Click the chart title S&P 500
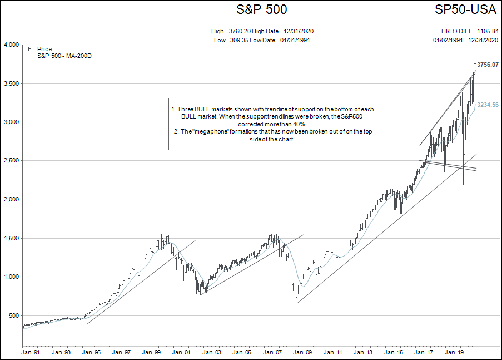[262, 9]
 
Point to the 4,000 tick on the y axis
[11, 45]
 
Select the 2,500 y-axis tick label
[11, 161]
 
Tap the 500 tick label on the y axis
[14, 315]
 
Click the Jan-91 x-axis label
[30, 352]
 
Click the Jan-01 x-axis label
[181, 352]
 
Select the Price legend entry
[44, 49]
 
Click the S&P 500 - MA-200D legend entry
[64, 56]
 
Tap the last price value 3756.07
[488, 65]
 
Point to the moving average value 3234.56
[488, 105]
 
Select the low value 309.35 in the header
[241, 41]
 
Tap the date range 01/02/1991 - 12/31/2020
[466, 41]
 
